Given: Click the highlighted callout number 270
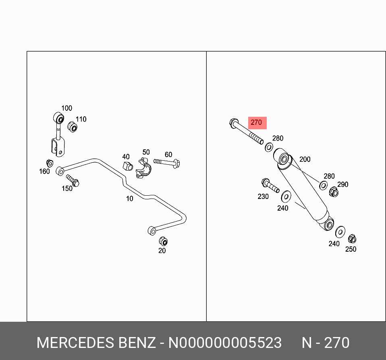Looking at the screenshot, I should [256, 122].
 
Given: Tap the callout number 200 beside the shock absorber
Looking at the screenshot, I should [305, 159].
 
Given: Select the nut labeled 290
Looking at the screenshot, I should [334, 192].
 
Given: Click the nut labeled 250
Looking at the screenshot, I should [352, 239].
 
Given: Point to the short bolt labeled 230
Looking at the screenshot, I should [270, 186].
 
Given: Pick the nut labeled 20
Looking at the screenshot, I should [163, 241].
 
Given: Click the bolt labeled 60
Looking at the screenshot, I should [167, 163].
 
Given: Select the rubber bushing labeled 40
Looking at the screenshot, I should [128, 166].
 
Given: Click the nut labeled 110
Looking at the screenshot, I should [72, 126].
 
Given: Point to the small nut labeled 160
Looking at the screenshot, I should [50, 163].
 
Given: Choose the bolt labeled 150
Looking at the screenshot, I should [73, 180].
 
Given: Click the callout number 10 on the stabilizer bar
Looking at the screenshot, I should [129, 199].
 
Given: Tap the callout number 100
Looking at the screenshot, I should [66, 108].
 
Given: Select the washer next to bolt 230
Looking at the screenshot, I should [286, 197].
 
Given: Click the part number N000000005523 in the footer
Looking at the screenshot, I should [225, 343].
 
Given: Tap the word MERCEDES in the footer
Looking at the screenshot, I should [75, 343].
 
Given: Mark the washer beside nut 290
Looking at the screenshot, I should [323, 186].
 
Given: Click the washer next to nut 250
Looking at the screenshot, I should [340, 232].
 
